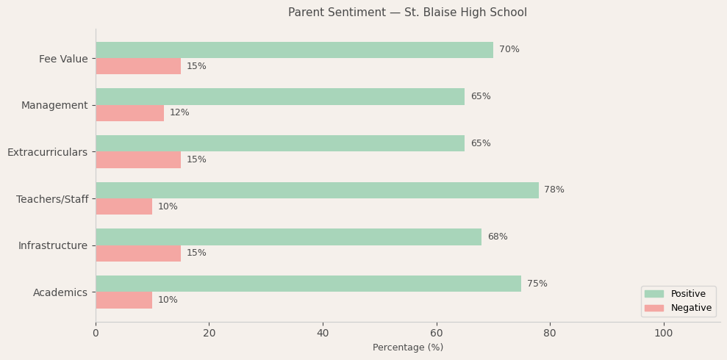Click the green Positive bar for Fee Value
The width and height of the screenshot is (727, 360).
294,50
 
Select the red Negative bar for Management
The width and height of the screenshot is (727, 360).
129,113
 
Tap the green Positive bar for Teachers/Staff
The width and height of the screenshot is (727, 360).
317,190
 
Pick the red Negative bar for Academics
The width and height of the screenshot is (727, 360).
123,300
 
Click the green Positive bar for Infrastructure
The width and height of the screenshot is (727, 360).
288,237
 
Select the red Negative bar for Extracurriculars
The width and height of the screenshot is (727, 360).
138,159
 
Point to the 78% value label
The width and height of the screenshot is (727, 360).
554,190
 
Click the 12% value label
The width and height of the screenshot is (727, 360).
179,113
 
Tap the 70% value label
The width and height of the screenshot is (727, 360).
509,50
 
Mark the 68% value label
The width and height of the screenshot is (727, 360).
497,237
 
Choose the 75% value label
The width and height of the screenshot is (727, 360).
537,284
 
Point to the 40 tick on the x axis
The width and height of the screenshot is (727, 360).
323,334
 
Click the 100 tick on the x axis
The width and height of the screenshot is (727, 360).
663,334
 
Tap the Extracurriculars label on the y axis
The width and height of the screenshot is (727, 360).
47,152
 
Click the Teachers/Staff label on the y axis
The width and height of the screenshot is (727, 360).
52,199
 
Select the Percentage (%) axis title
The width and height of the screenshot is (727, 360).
407,348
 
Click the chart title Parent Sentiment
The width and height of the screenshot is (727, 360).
407,12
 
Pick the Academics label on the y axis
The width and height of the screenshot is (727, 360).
60,292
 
